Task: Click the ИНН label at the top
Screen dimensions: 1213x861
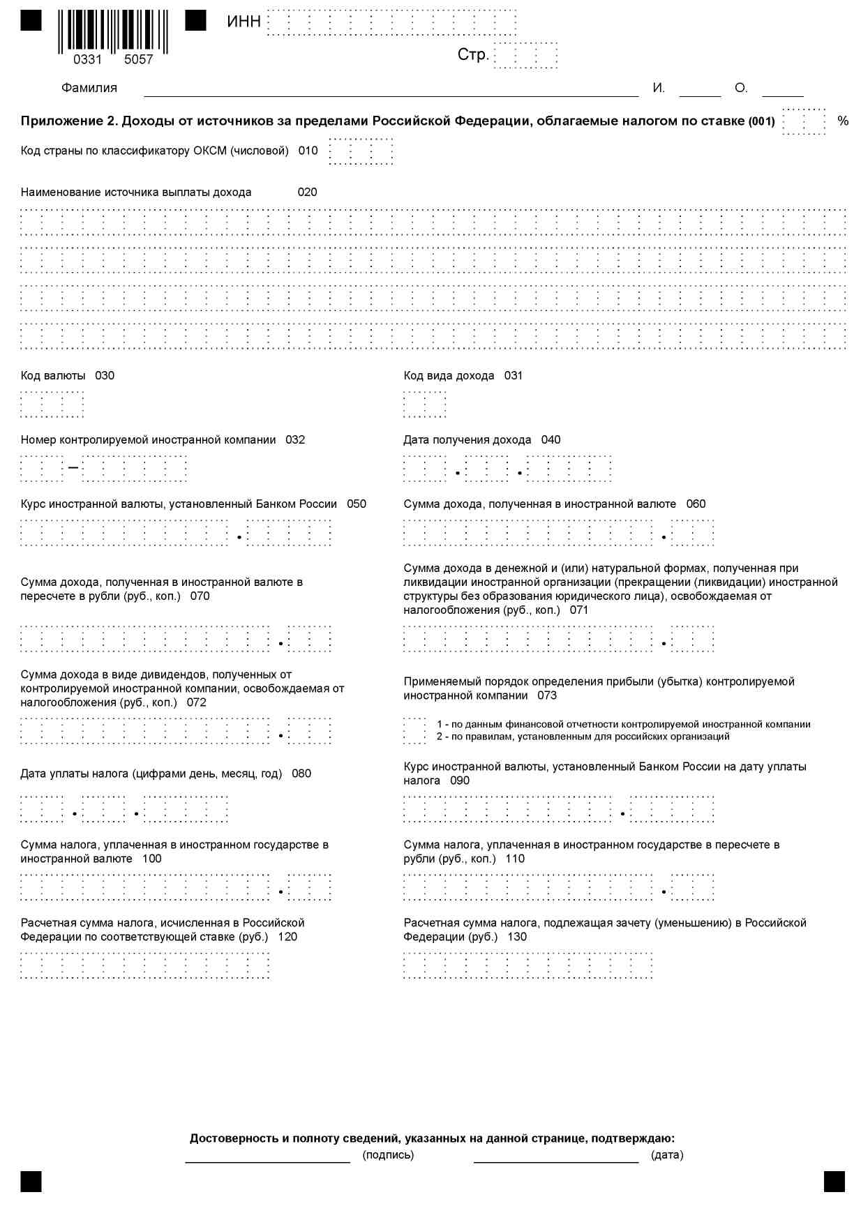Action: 244,22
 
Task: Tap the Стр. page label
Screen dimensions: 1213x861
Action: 472,55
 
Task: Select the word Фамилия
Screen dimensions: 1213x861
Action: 89,88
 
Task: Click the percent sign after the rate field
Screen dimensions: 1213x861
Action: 843,121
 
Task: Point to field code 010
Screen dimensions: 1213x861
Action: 308,151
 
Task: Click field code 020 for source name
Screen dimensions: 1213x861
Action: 307,193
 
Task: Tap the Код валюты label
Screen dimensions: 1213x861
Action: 53,376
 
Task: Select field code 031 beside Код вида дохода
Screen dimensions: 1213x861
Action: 514,376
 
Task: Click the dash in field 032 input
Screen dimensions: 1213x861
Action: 73,468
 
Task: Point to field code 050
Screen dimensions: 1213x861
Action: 357,504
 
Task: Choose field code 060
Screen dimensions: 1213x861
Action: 696,504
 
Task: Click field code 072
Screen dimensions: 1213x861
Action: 197,702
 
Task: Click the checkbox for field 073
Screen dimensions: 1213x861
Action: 414,730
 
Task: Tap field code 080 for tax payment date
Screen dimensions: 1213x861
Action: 301,774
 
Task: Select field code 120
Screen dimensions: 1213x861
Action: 287,937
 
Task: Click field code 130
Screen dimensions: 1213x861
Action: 517,937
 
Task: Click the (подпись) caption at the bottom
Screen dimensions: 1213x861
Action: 388,1155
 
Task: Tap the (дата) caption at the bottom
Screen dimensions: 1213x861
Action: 667,1155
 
